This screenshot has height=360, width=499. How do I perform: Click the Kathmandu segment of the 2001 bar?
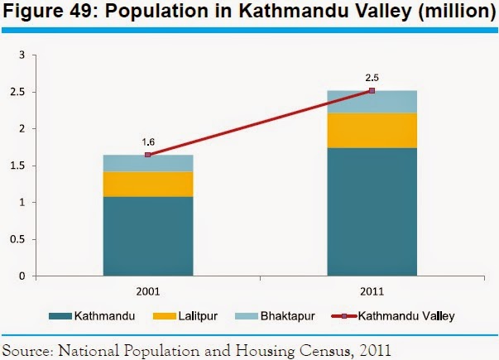[148, 236]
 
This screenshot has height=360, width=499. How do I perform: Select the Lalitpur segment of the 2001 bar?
[148, 184]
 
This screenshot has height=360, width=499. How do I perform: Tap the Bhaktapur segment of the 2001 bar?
[148, 163]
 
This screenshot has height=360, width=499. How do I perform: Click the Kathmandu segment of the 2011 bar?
[372, 211]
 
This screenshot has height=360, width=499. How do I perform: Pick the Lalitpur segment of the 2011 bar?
[372, 130]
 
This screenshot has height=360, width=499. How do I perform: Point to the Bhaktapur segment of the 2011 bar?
[372, 102]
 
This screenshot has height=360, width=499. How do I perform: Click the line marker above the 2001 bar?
[148, 155]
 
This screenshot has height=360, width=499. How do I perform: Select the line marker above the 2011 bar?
[372, 90]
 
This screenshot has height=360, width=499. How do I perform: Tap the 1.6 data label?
[148, 142]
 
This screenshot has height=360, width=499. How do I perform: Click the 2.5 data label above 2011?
[372, 78]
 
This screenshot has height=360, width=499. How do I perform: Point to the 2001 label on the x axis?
[148, 290]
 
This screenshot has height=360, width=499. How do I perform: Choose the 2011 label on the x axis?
[372, 290]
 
